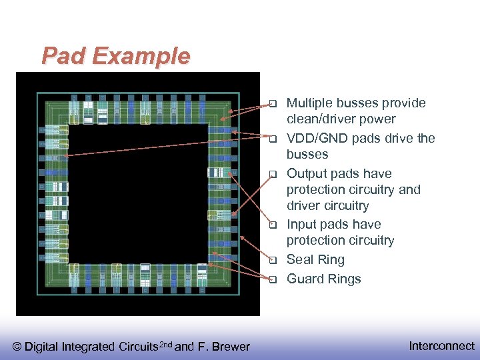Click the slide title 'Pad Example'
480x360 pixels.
tap(115, 56)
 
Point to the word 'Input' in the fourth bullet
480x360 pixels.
tap(301, 225)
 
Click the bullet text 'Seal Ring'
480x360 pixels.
tap(315, 260)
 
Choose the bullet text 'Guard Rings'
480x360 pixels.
tap(323, 279)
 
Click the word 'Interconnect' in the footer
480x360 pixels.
tap(441, 346)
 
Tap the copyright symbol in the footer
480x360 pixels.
tap(17, 347)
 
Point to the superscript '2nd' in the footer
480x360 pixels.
tap(163, 344)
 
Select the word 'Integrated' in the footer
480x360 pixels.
tap(87, 347)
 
